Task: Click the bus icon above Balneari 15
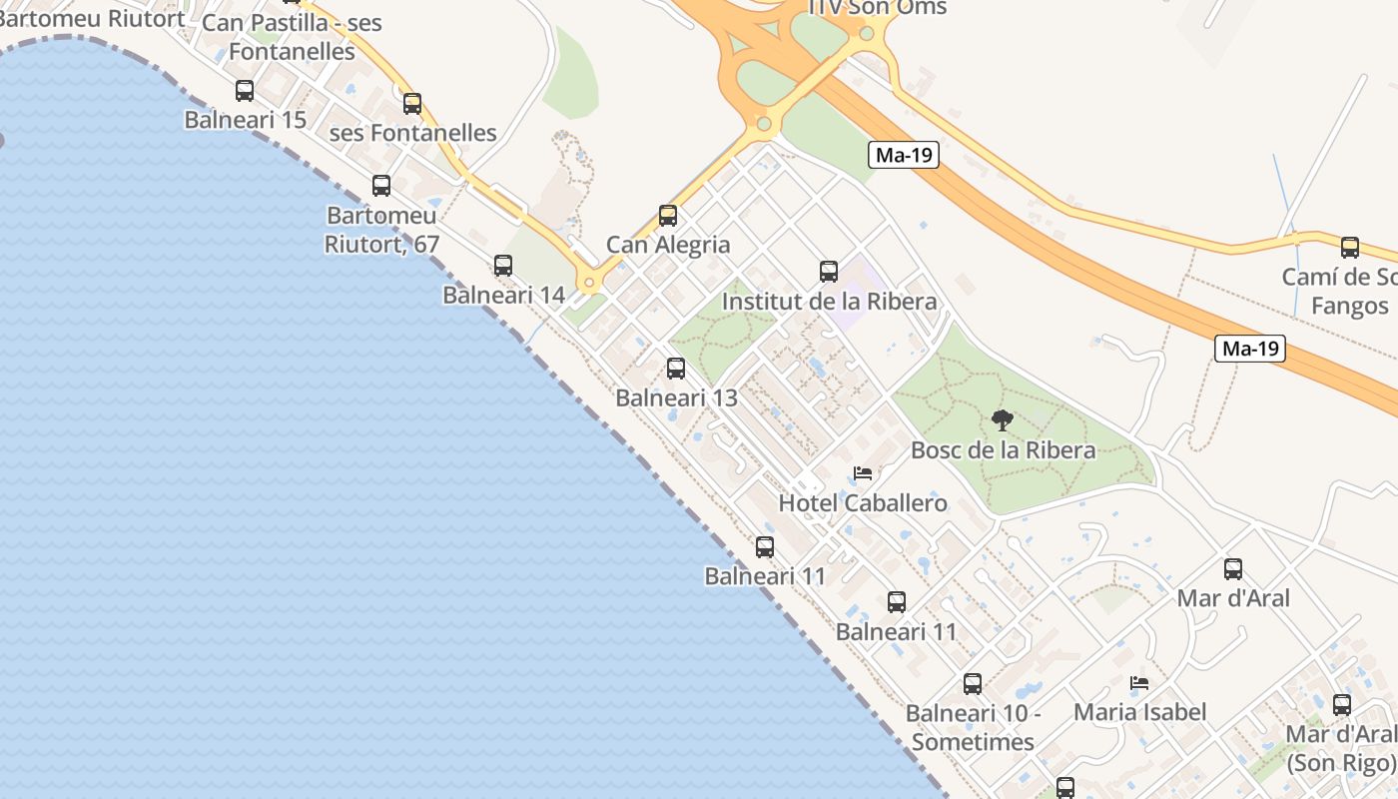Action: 245,91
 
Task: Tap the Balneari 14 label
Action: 503,295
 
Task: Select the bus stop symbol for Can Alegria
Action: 668,216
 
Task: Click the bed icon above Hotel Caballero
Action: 863,473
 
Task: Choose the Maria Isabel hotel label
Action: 1139,712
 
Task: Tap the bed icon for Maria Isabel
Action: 1139,684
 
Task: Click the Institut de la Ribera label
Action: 829,301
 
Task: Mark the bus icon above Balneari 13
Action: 676,369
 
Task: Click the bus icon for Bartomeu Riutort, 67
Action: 381,186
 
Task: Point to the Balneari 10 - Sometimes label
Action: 973,727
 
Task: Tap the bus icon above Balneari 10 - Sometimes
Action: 973,684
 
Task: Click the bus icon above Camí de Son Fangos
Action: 1350,248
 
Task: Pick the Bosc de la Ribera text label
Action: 1003,449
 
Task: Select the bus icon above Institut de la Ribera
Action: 829,272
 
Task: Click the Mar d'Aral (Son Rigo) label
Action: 1340,748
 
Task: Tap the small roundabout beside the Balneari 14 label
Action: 589,283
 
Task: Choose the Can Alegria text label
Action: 668,245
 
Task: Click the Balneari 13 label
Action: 676,398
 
